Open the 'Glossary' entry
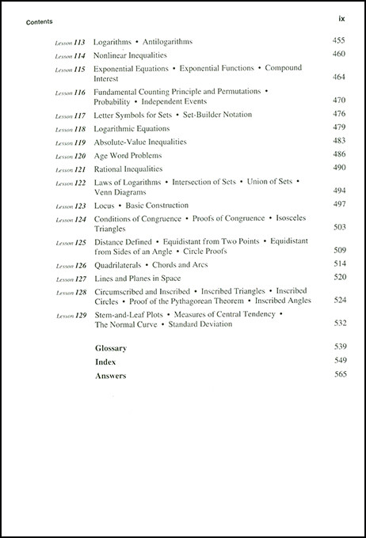click(x=111, y=347)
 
